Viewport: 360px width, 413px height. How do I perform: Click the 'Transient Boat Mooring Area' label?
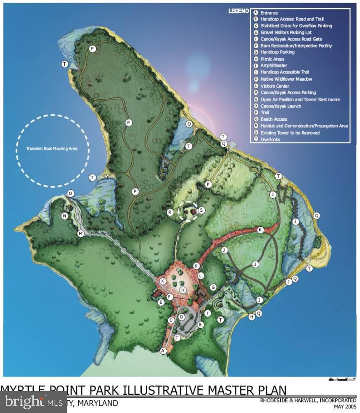coord(52,149)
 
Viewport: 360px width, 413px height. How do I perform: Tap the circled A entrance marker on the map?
coord(163,351)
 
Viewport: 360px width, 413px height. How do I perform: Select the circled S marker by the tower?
coord(201,210)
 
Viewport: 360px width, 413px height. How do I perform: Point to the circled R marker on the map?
coord(170,212)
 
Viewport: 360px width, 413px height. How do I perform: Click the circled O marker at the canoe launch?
coord(71,194)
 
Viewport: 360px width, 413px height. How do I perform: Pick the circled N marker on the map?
coord(65,215)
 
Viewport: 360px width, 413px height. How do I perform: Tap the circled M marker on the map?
coord(81,234)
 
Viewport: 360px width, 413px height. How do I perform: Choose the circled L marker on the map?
coord(201,275)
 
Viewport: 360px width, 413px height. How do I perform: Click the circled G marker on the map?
coord(213,287)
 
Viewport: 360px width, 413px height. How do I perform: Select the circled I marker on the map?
coord(207,313)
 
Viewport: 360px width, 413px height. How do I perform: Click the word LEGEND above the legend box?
coord(238,11)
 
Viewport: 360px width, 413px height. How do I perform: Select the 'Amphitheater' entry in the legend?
coord(273,66)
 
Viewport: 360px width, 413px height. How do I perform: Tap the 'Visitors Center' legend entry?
coord(275,86)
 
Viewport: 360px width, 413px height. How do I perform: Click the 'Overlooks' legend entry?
coord(270,139)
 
